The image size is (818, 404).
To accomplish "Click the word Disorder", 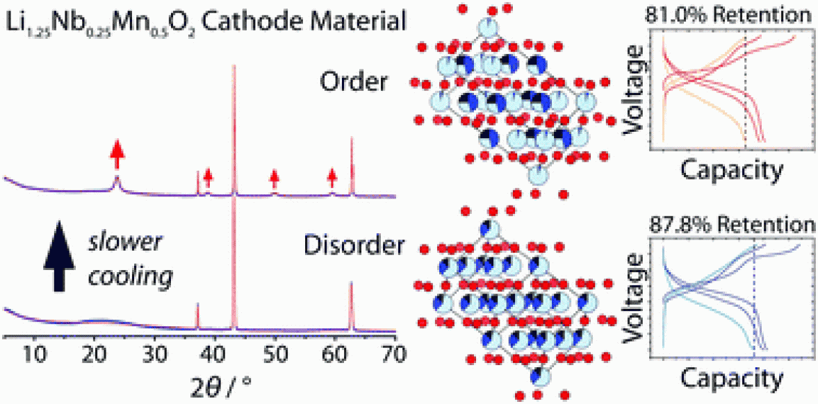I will (x=344, y=245).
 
